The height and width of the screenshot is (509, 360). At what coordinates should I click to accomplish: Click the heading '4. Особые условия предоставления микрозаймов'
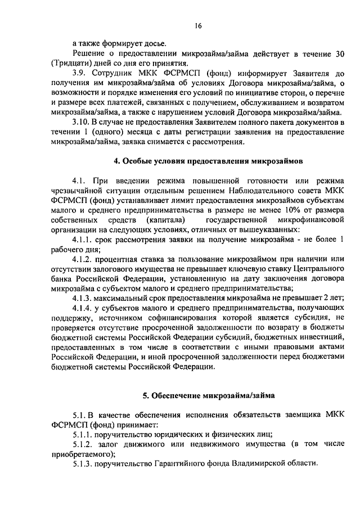208,160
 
